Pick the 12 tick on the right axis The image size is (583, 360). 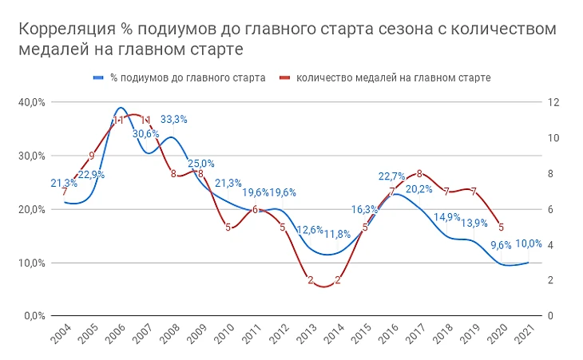click(x=551, y=102)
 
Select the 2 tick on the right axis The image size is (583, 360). click(x=549, y=280)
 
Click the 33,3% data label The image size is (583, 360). click(x=174, y=120)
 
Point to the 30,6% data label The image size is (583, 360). click(x=146, y=133)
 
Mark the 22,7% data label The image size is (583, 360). click(x=392, y=176)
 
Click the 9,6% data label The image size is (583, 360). click(x=501, y=246)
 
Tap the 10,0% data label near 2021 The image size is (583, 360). click(x=530, y=244)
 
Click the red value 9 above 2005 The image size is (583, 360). click(x=92, y=156)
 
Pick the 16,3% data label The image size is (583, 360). click(x=364, y=210)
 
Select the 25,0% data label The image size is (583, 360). click(x=201, y=164)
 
